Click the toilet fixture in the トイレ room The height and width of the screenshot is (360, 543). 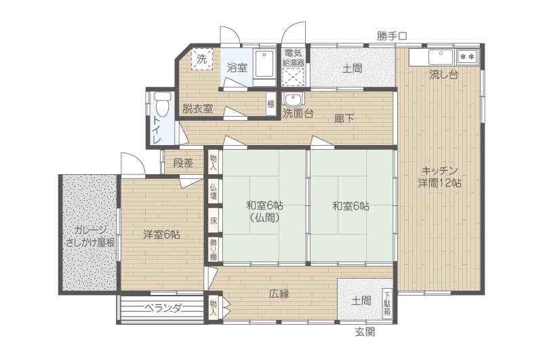point(163,104)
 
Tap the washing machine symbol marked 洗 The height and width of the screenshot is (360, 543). point(201,59)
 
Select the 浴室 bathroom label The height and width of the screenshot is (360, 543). point(237,68)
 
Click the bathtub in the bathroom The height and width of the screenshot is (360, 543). point(264,68)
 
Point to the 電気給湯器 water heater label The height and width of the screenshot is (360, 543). point(294,58)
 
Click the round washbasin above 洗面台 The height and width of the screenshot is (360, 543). point(294,100)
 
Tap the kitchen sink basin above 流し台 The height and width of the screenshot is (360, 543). point(441,57)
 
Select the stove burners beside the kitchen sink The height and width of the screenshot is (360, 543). point(467,56)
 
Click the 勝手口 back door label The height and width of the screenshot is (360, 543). point(392,36)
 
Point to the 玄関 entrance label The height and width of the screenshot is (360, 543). point(365,332)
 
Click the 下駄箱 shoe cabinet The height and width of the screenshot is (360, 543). point(387,304)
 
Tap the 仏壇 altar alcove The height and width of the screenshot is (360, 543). point(214,192)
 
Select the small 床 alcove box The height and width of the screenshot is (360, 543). point(214,221)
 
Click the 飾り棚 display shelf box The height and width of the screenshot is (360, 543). point(214,249)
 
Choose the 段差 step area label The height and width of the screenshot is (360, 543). point(183,163)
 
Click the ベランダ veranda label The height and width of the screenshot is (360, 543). point(163,308)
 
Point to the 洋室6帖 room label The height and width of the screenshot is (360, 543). point(161,235)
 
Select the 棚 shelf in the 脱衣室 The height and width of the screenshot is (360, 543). point(270,104)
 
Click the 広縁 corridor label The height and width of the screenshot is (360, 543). point(279,294)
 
